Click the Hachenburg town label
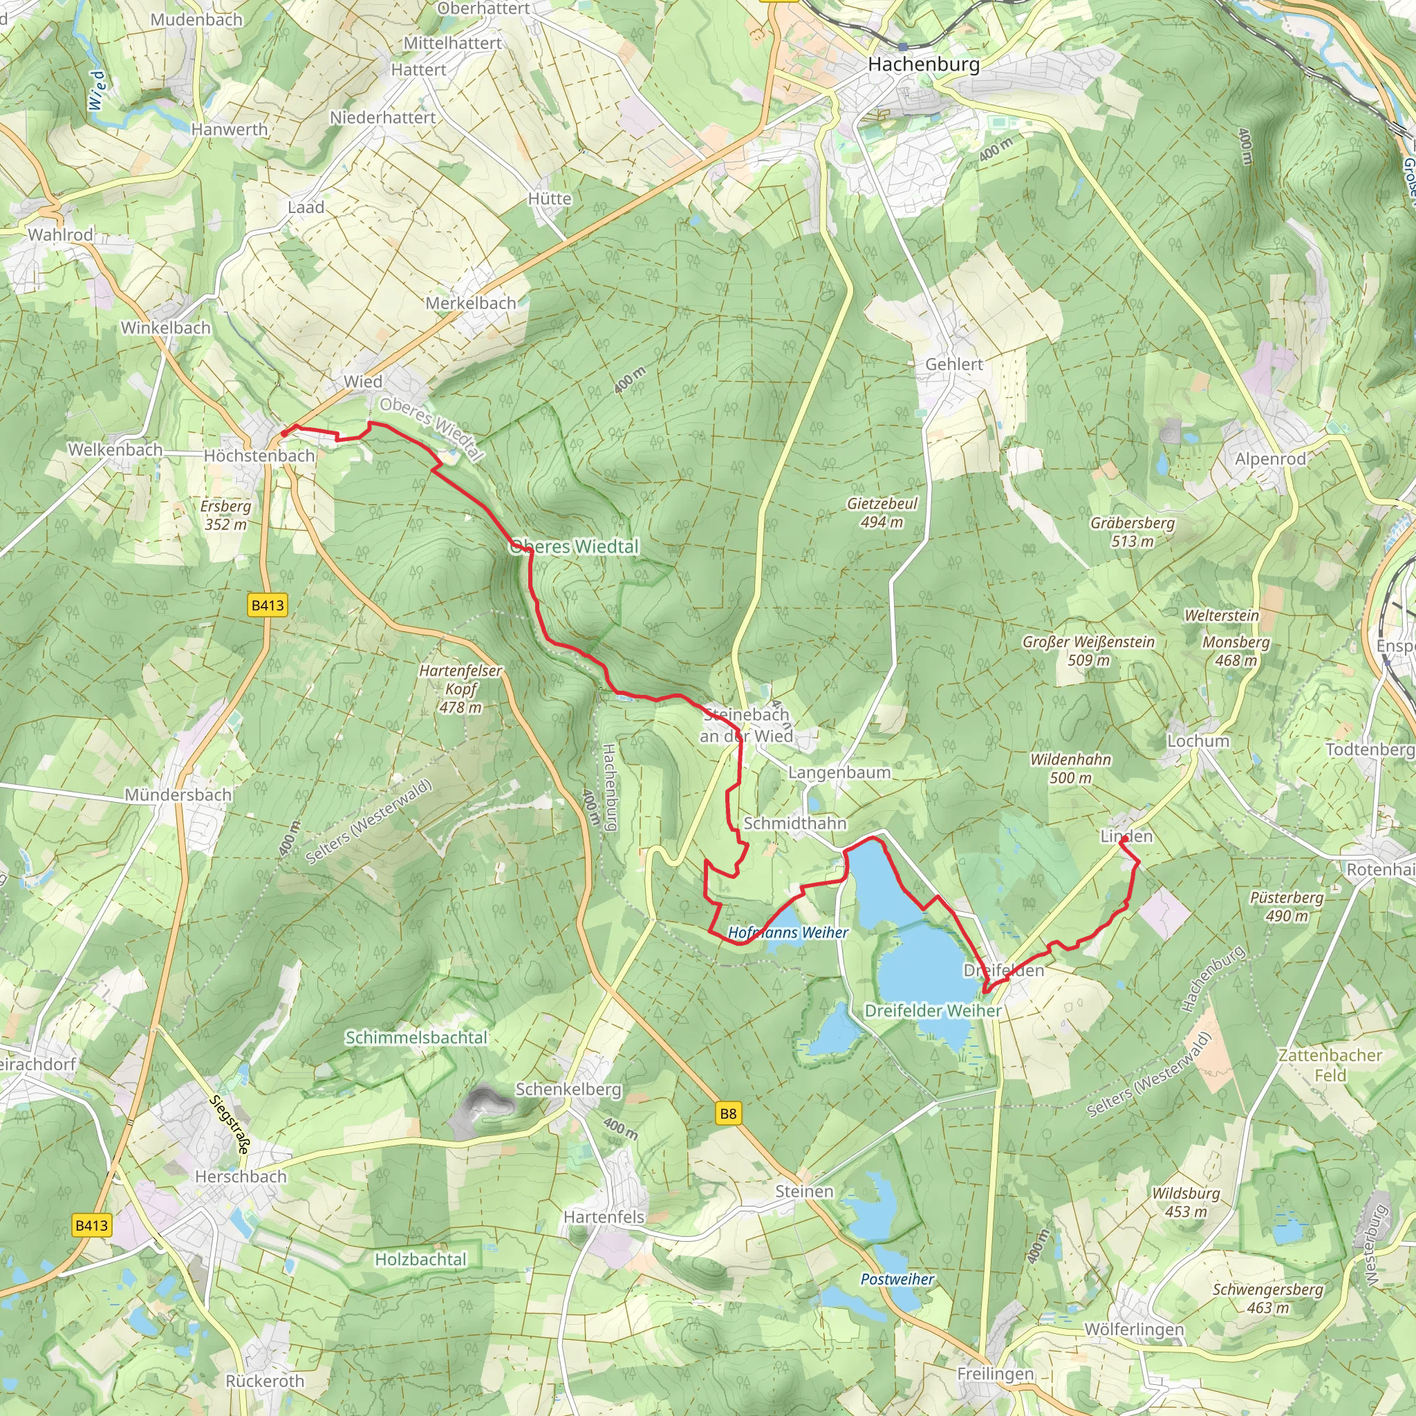click(x=924, y=64)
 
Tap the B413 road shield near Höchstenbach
click(x=268, y=606)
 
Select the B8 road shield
click(x=728, y=1114)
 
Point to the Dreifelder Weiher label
click(x=933, y=1011)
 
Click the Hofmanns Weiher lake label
click(x=788, y=933)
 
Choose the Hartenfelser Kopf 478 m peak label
click(x=460, y=689)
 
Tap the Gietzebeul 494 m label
click(x=882, y=513)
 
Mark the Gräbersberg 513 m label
click(x=1133, y=532)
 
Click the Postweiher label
click(x=897, y=1279)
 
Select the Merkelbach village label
click(x=472, y=303)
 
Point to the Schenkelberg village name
click(x=569, y=1089)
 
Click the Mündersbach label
click(x=178, y=794)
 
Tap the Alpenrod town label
click(x=1270, y=459)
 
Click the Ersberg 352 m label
click(x=225, y=514)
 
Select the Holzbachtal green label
click(x=420, y=1259)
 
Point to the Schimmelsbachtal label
click(x=416, y=1038)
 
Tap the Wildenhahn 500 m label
click(x=1071, y=768)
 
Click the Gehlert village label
click(x=954, y=364)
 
